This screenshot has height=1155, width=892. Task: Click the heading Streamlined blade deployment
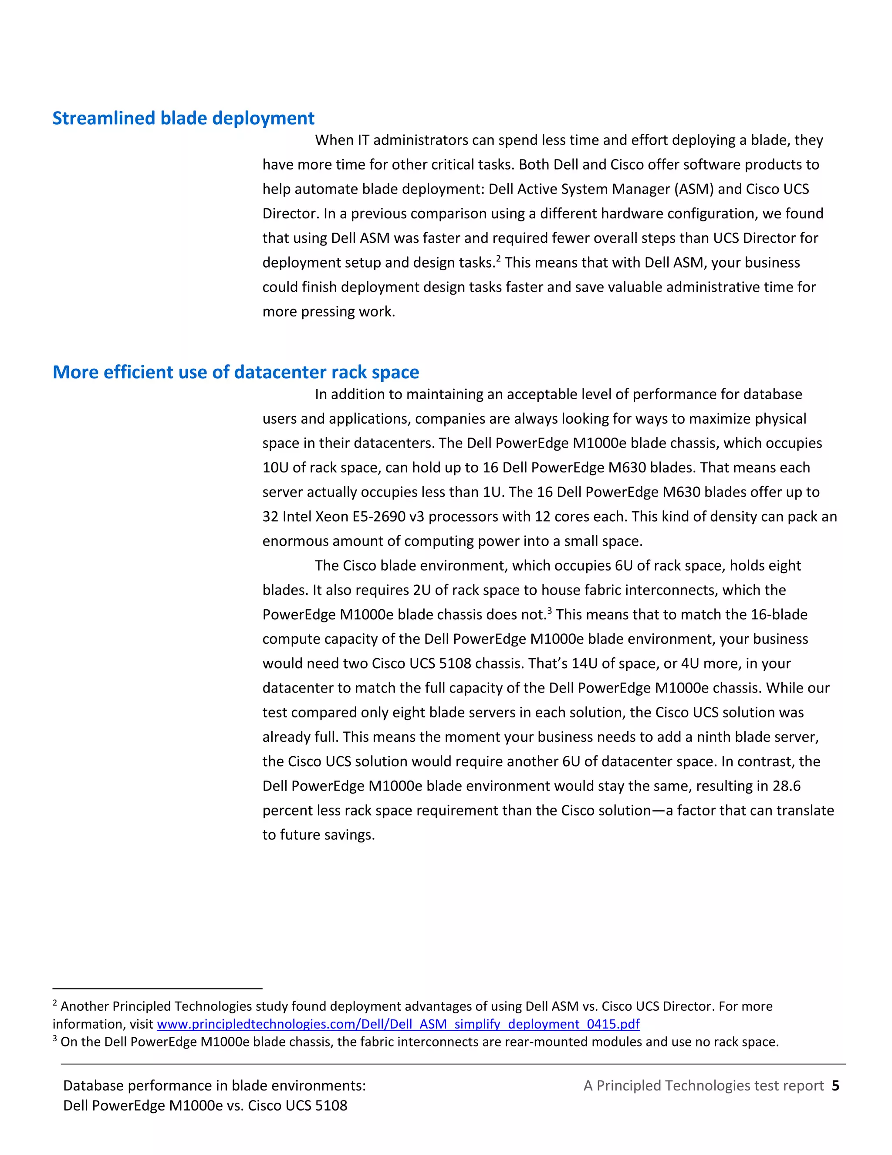[x=183, y=118]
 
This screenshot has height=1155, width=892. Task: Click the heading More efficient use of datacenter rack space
[x=236, y=372]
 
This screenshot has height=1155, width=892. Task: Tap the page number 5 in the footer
[x=835, y=1086]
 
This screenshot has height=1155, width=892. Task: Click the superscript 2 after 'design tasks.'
[x=498, y=258]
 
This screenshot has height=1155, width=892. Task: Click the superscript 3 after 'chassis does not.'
[x=550, y=611]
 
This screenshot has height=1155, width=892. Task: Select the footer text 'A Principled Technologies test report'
[x=703, y=1086]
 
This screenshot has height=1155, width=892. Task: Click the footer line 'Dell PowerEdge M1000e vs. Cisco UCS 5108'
[x=205, y=1106]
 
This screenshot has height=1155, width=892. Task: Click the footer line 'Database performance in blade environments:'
[x=214, y=1086]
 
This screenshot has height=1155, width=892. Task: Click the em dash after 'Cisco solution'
[x=659, y=811]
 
